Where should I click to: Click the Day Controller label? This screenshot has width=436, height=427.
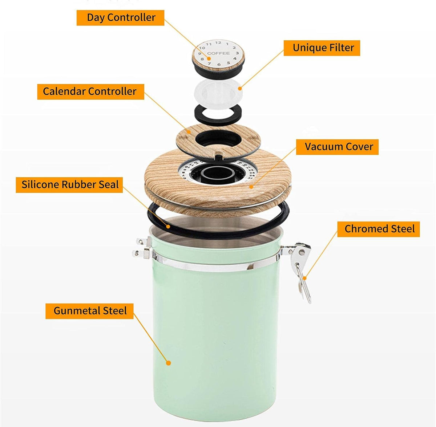(120, 18)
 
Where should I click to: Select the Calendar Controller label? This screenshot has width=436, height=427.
(90, 91)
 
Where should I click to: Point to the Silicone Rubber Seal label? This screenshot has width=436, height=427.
(69, 185)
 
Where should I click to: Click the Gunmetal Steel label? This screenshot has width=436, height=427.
(89, 311)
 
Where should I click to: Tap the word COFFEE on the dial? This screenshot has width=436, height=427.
(218, 53)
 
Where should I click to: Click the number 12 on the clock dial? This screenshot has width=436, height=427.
(218, 43)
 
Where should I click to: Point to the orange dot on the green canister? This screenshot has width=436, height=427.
(168, 362)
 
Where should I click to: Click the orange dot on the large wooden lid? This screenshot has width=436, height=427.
(251, 187)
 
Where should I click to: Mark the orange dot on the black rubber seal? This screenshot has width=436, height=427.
(168, 226)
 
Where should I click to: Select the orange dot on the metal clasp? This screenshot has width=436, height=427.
(304, 278)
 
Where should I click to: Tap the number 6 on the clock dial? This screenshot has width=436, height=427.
(219, 65)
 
